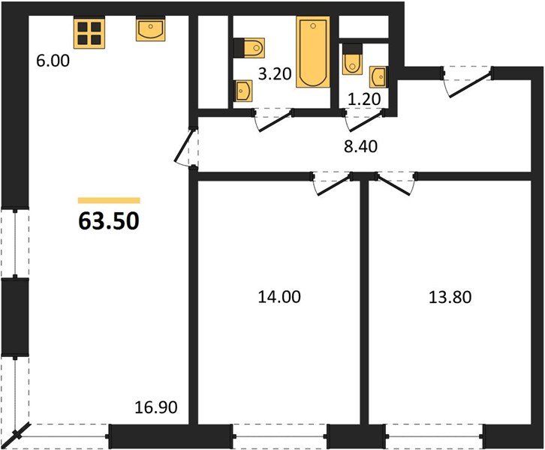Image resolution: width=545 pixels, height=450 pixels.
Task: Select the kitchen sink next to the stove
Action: pyautogui.click(x=149, y=30)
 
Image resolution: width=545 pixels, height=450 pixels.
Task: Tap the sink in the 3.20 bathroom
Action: pyautogui.click(x=242, y=91)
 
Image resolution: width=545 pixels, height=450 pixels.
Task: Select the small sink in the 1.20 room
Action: pyautogui.click(x=378, y=76)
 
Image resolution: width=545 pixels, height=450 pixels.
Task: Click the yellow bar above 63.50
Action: pyautogui.click(x=109, y=200)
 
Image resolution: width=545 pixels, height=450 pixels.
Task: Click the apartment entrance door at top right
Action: pyautogui.click(x=468, y=81)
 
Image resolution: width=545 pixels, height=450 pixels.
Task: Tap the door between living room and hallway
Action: pyautogui.click(x=185, y=147)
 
